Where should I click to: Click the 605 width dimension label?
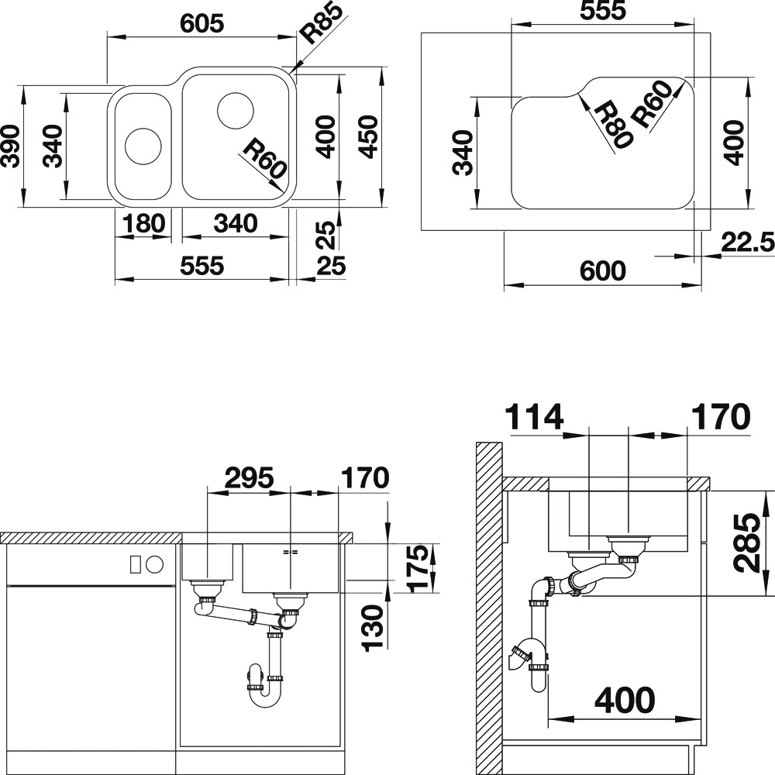point(201,23)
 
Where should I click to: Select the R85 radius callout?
point(322,22)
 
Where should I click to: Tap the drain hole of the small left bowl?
point(143,146)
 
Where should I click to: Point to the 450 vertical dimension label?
point(368,137)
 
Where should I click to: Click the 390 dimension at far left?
point(10,146)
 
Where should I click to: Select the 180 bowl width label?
point(143,223)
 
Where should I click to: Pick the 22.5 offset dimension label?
point(747,242)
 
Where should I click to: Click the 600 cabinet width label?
point(602,270)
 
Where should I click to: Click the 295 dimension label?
point(249,477)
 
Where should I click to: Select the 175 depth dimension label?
point(418,568)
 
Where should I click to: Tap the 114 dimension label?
point(534,417)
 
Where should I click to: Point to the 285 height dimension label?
point(746,543)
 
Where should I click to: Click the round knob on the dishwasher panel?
point(155,563)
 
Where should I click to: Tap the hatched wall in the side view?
point(489,608)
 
